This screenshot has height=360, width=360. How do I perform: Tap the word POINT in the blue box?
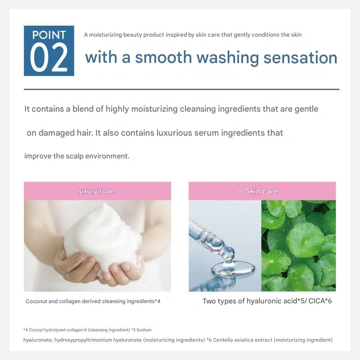[x=49, y=35]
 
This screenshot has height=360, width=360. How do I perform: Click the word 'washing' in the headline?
[x=228, y=58]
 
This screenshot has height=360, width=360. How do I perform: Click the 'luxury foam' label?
[x=97, y=191]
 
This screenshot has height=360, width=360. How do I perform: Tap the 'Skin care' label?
[x=262, y=191]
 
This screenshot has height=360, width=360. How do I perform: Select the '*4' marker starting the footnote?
[x=25, y=330]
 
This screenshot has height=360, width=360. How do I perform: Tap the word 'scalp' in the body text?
[x=75, y=156]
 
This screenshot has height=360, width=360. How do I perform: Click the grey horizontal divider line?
[x=182, y=89]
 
